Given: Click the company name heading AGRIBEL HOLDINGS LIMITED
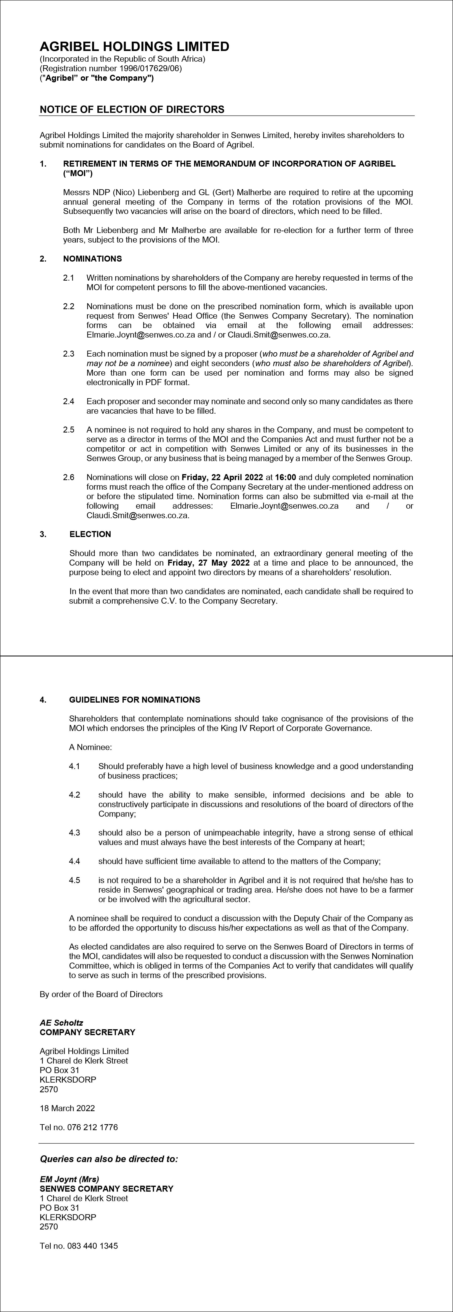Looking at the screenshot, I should (x=135, y=47).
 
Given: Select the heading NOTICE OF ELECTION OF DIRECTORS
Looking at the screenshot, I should (x=132, y=109).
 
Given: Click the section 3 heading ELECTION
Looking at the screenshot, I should (x=90, y=534).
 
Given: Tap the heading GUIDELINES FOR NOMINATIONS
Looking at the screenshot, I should (x=135, y=700).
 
